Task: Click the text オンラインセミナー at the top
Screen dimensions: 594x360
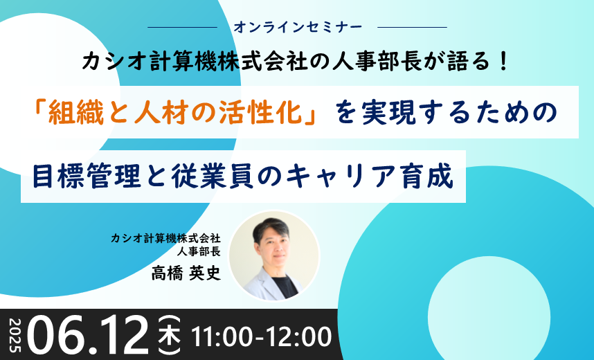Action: click(298, 27)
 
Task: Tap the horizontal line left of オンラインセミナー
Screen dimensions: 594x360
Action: click(182, 27)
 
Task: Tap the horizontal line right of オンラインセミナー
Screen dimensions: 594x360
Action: click(412, 27)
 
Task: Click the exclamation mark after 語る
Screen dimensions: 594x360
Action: click(503, 62)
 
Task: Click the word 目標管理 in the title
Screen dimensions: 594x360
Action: click(87, 177)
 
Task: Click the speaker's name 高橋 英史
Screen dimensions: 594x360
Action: click(186, 273)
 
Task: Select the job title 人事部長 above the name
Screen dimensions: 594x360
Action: click(199, 251)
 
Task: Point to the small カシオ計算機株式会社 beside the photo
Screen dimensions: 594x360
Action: click(165, 238)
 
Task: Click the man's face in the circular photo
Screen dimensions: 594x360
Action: click(273, 247)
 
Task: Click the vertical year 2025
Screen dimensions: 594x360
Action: click(15, 336)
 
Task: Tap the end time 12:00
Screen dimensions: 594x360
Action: click(299, 336)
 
